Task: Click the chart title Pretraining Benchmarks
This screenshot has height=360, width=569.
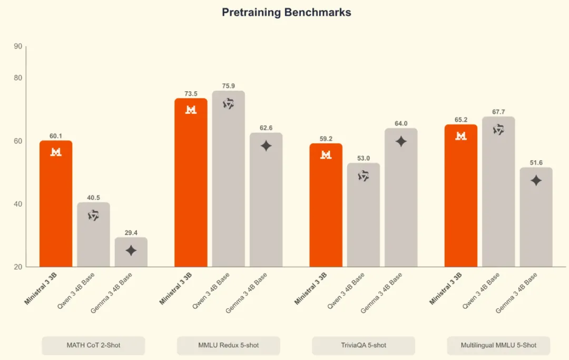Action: pos(286,12)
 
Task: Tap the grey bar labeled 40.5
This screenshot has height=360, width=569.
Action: pos(93,235)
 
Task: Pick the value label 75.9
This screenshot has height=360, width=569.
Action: pos(228,86)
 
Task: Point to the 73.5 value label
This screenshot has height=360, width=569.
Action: pos(191,94)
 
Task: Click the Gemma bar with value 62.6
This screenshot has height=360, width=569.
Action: pos(266,200)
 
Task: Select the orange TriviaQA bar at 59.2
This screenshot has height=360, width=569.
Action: pos(326,205)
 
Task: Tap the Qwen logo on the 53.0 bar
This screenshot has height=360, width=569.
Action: pos(364,176)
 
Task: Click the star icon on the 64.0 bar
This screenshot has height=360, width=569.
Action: pos(401,141)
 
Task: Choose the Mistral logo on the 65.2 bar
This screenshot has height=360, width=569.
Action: pos(461,136)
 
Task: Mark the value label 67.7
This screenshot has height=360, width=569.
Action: pos(498,112)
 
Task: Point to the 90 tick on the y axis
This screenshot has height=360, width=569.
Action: pos(18,46)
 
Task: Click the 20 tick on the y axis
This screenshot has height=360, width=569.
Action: pos(18,267)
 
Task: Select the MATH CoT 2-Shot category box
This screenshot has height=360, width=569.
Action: pos(93,345)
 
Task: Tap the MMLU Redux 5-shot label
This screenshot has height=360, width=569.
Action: pos(228,345)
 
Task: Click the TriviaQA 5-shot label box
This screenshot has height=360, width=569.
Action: pos(364,345)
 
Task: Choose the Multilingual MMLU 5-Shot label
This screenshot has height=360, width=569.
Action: pos(498,345)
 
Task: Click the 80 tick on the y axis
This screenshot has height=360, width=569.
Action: pos(18,78)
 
